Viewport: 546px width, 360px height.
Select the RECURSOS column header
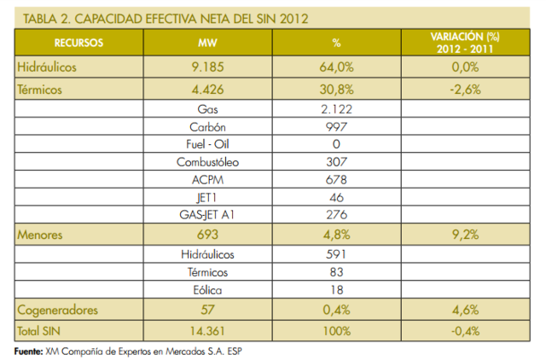click(78, 41)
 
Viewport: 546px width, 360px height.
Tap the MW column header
click(207, 41)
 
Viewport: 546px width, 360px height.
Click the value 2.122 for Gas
click(335, 108)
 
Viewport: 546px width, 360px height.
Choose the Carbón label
click(208, 126)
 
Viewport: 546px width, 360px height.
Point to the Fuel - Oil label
click(208, 144)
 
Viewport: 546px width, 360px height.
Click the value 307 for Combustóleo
click(335, 161)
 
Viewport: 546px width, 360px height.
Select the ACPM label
click(208, 179)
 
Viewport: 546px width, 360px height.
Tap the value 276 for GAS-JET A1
click(335, 214)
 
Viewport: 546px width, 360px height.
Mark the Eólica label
click(208, 289)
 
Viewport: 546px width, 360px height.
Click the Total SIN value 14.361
click(208, 329)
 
